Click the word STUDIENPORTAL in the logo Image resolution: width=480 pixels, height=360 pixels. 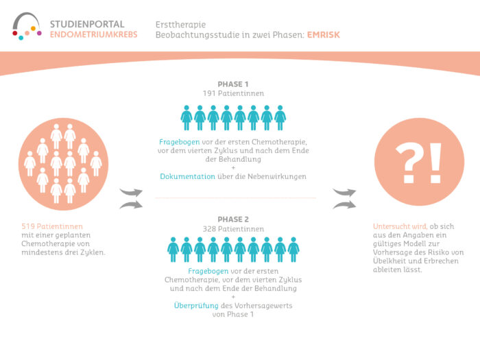tap(91, 23)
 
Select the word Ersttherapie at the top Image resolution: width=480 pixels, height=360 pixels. tap(180, 23)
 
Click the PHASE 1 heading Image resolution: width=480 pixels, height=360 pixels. tap(233, 84)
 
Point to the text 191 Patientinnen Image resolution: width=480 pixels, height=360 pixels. tap(233, 93)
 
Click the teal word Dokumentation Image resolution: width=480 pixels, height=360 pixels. tap(187, 176)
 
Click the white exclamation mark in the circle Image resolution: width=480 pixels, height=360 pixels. tap(435, 161)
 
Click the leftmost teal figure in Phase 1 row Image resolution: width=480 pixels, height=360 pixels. tap(187, 117)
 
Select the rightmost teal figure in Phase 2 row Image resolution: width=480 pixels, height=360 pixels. tap(293, 250)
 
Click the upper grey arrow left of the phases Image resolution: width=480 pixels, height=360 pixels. tap(132, 192)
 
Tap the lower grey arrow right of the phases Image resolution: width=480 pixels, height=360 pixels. tap(345, 204)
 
